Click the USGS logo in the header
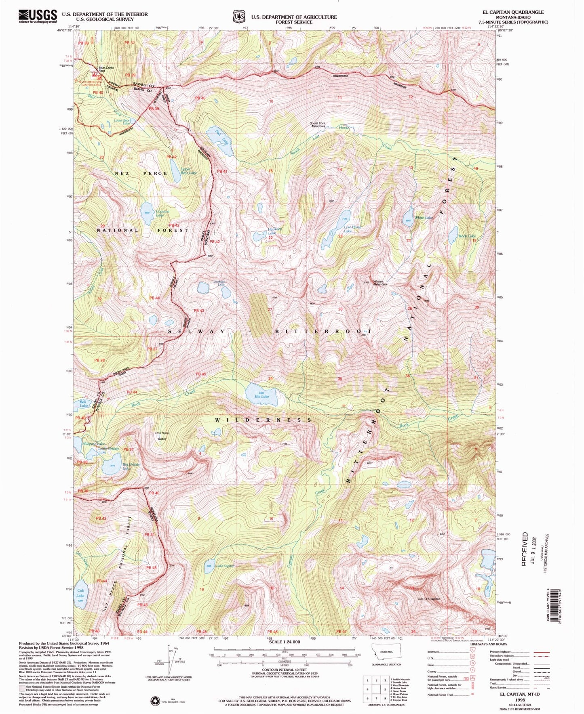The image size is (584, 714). point(38,16)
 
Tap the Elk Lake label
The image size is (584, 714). point(262,396)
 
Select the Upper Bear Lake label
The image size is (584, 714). point(188,171)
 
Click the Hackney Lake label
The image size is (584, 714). point(272,231)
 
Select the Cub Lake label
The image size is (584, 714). point(80,593)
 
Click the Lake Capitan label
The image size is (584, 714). point(225,566)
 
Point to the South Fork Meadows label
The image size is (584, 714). point(317,124)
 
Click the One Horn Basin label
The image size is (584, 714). point(162,435)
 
